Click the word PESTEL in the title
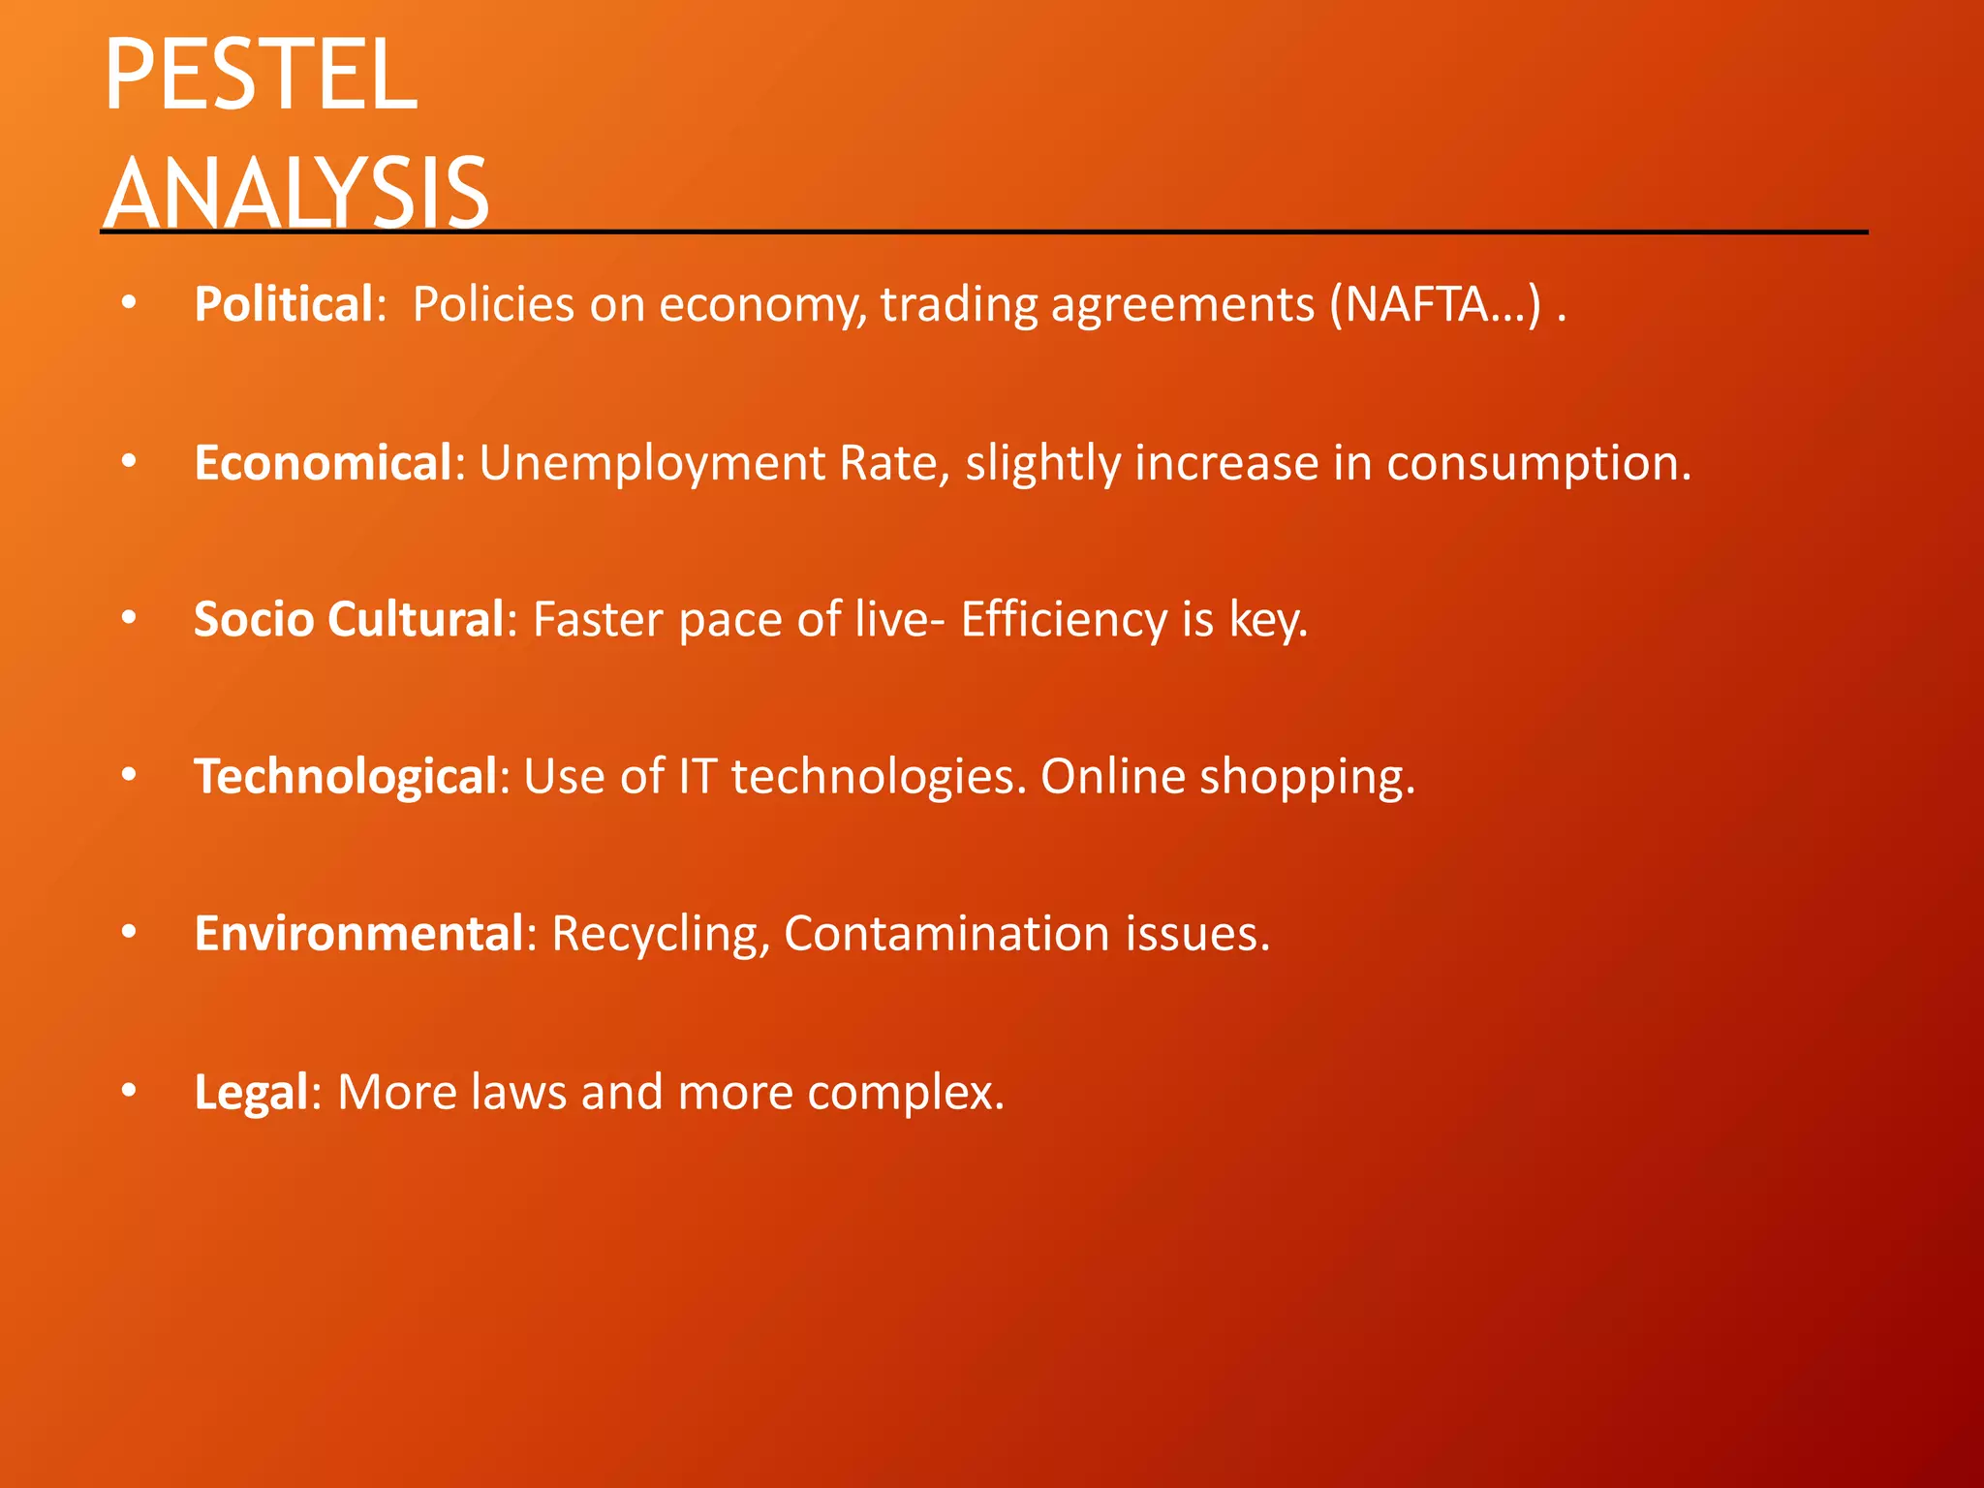260,76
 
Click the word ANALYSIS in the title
295,193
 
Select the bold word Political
283,304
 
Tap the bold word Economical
323,462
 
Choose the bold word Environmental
358,934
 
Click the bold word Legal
251,1092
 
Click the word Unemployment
652,462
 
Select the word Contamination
946,934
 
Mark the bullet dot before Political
129,304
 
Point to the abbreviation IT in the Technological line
697,777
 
